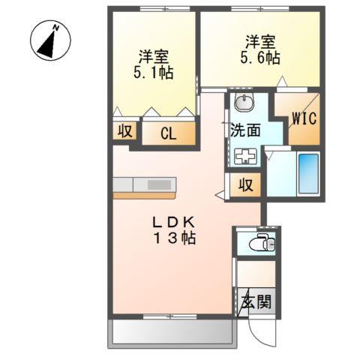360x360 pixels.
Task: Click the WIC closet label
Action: [x=304, y=118]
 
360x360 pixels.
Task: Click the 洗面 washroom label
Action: [x=245, y=128]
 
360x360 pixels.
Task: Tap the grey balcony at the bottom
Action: [x=168, y=333]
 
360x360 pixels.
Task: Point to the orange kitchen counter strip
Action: [x=144, y=195]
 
